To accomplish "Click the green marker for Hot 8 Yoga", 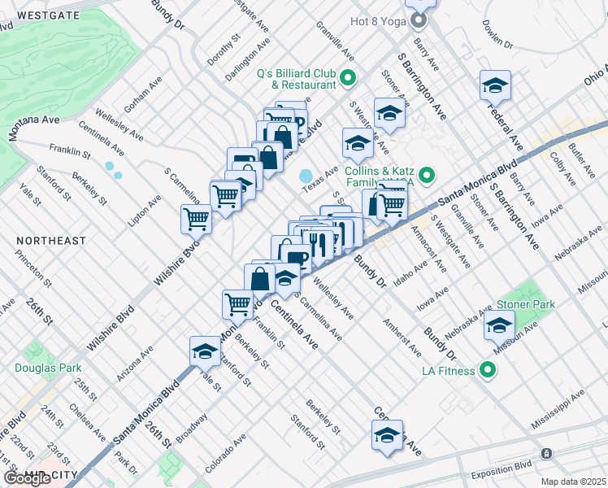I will [419, 20].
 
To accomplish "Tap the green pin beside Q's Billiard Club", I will [348, 79].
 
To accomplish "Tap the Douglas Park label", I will [41, 367].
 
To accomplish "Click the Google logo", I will [28, 478].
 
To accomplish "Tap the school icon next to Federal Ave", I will [494, 85].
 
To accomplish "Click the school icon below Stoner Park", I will [499, 325].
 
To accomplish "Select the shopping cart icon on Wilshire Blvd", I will [196, 218].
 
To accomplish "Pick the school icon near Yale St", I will [205, 351].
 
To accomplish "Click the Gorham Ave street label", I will [142, 95].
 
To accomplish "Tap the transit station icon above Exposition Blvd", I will [546, 452].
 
